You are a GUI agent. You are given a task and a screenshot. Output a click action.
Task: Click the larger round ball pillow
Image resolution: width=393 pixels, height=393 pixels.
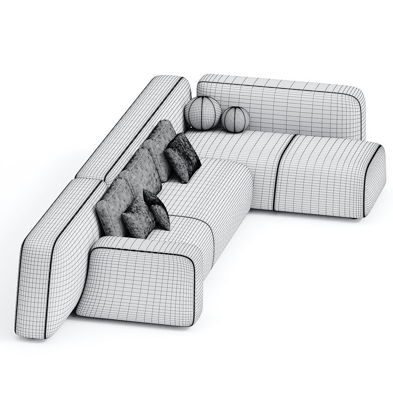click(202, 113)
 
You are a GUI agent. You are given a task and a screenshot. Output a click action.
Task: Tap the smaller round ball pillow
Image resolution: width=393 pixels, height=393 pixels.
click(236, 119)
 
